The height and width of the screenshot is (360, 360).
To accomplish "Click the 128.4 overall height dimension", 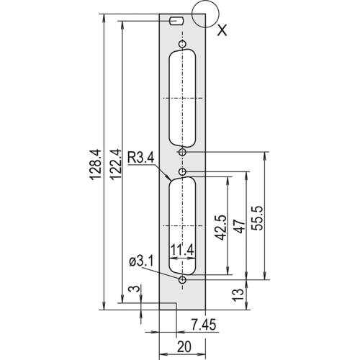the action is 96,164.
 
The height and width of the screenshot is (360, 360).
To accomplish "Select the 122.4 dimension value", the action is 115,164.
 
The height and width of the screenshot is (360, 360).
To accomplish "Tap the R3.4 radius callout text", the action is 141,158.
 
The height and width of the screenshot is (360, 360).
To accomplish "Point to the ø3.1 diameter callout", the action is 141,261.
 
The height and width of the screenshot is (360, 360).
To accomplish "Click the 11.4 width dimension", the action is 182,251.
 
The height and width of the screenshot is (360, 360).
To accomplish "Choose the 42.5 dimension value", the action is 221,228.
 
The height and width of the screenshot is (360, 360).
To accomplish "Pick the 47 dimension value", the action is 240,226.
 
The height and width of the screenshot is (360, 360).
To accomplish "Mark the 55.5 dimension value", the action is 258,218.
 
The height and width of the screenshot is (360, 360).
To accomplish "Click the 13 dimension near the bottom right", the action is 238,295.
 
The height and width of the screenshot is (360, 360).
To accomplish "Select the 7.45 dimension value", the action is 204,325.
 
